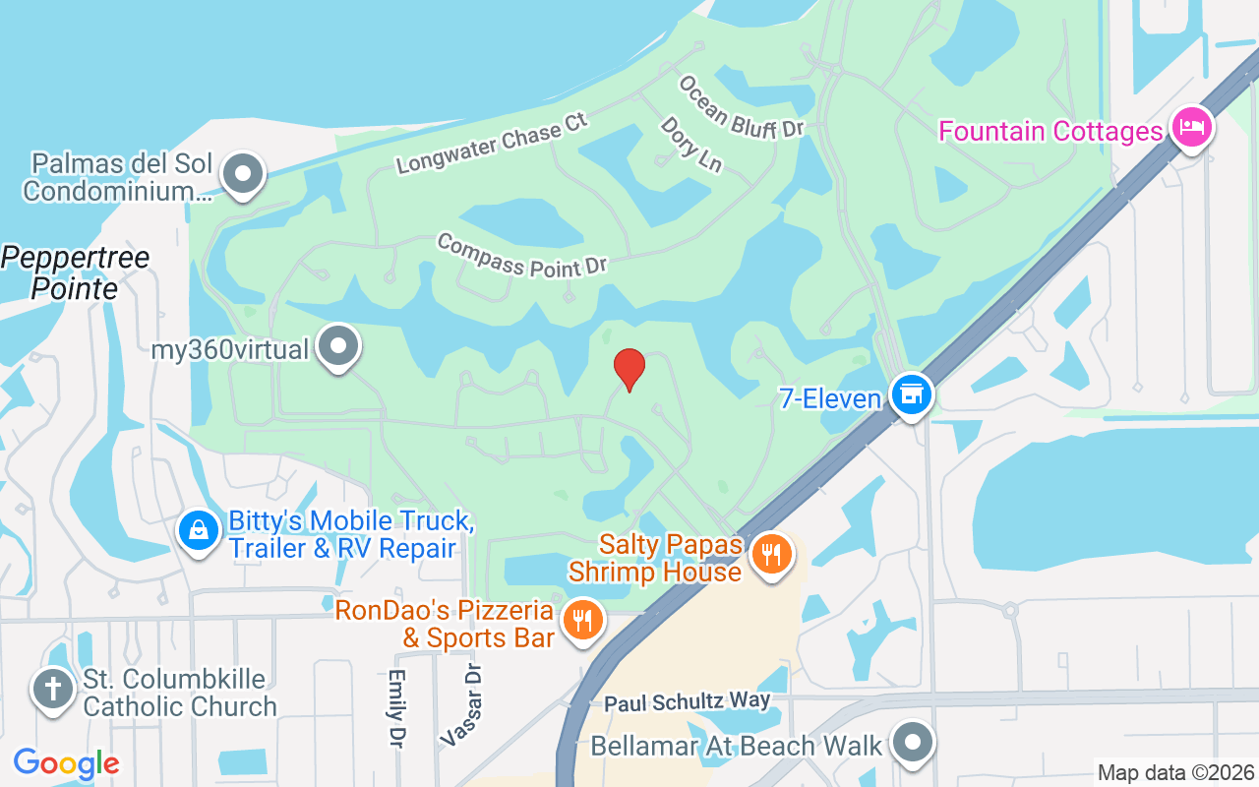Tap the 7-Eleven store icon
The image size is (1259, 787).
(912, 394)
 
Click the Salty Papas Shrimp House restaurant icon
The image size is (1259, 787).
(772, 554)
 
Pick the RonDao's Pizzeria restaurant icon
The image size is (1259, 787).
(583, 620)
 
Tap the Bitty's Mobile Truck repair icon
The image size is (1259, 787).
(199, 531)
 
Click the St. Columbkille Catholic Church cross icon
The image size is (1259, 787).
(52, 690)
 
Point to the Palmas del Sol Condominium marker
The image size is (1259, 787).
(243, 176)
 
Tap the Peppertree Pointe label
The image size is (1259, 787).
(75, 273)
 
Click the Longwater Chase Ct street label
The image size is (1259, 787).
(492, 144)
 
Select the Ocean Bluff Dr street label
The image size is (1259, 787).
(742, 107)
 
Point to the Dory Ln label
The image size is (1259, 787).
(690, 145)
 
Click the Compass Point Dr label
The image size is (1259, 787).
(522, 254)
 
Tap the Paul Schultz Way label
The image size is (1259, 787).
(688, 702)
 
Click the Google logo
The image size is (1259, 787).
(66, 762)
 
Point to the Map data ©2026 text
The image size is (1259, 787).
(1175, 773)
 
